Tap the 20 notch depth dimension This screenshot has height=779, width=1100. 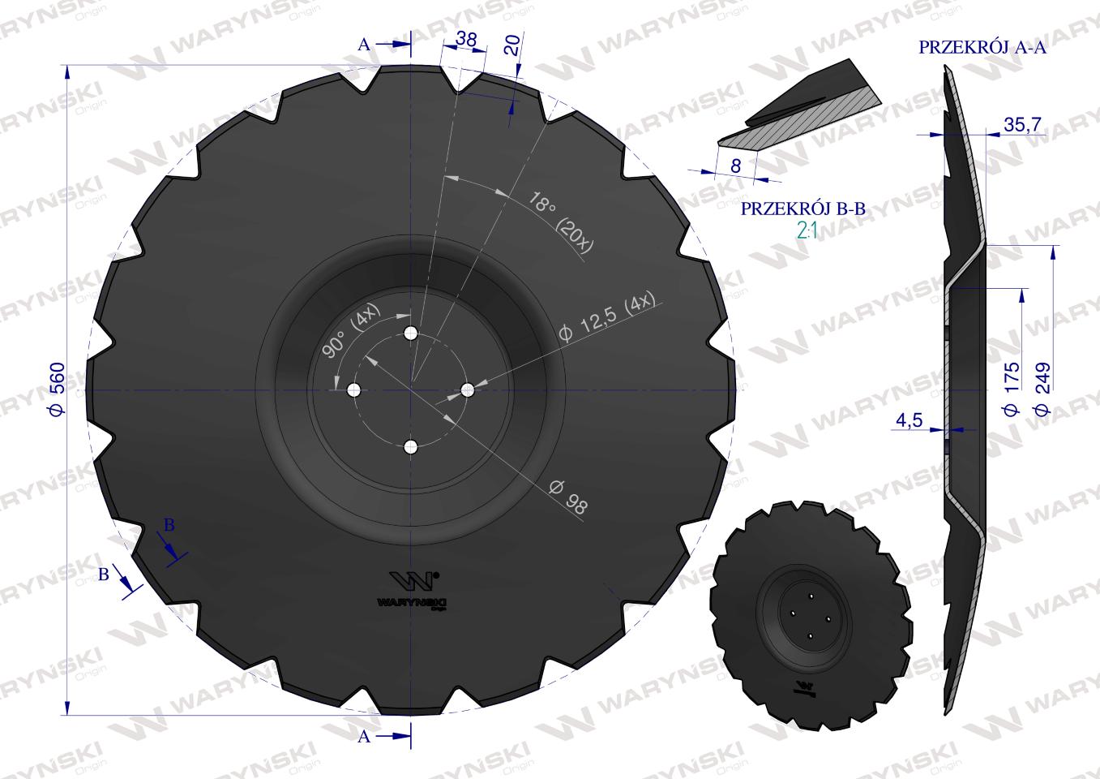[511, 45]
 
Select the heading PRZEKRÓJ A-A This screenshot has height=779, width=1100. [982, 48]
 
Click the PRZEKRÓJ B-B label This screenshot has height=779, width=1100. [803, 209]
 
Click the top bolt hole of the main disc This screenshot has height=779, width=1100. [411, 334]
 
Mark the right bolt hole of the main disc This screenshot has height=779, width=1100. [468, 390]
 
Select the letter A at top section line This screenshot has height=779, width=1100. [364, 45]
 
